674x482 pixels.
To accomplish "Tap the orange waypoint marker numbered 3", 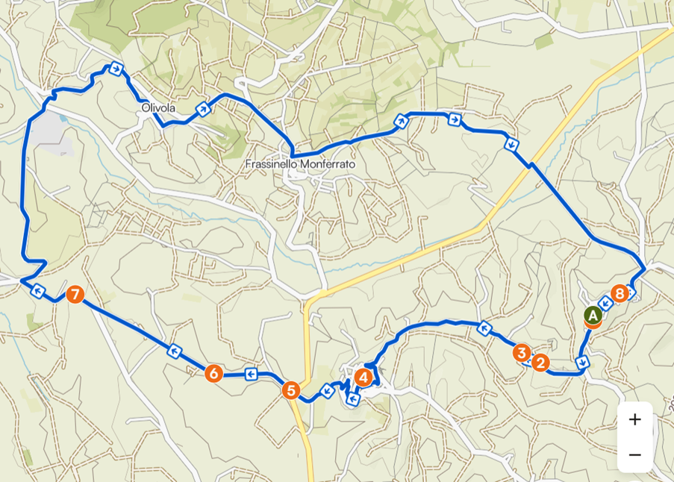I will [522, 352].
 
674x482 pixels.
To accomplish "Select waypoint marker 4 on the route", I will [363, 378].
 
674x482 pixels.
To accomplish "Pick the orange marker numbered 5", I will [291, 389].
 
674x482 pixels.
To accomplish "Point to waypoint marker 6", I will [213, 373].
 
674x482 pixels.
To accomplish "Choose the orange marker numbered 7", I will [75, 295].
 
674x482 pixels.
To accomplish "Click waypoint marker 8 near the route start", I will [619, 294].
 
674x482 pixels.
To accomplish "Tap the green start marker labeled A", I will [593, 316].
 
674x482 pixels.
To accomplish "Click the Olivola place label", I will [158, 108].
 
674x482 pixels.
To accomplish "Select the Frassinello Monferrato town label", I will [301, 163].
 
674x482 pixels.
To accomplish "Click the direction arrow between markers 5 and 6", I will [252, 374].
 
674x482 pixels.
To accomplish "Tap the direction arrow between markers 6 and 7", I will [174, 350].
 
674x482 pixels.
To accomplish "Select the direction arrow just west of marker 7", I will [37, 291].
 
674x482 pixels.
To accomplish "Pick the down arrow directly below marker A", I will [582, 362].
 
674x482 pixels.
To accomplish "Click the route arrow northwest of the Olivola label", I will [116, 69].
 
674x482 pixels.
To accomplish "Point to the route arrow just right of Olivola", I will [202, 109].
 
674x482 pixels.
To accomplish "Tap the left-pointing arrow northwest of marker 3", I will [484, 328].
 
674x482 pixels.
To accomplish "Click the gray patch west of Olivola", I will [49, 131].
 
